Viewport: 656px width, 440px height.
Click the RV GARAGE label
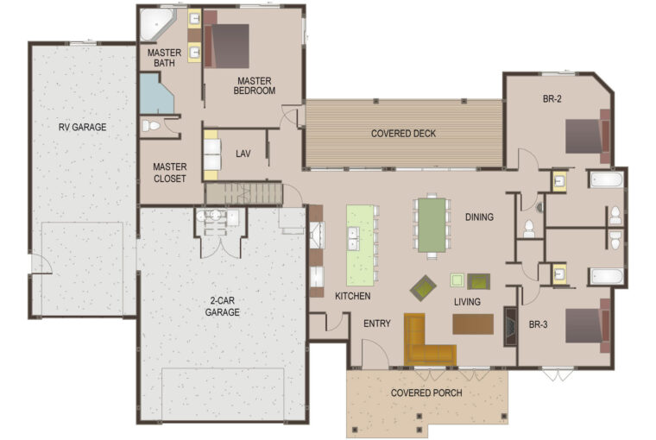(82, 127)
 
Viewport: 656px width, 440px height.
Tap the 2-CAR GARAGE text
(222, 306)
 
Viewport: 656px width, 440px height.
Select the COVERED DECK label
(403, 134)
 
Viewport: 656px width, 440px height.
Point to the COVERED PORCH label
(426, 393)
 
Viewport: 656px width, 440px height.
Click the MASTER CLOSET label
(169, 173)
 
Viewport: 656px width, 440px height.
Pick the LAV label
(243, 154)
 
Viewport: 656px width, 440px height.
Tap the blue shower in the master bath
(155, 94)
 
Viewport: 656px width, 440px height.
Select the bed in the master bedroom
(226, 45)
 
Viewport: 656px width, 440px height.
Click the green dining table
(432, 225)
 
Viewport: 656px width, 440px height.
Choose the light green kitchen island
(360, 245)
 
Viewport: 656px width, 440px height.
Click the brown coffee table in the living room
(473, 324)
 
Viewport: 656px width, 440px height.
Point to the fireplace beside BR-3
(509, 327)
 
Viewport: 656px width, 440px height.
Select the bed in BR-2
(588, 136)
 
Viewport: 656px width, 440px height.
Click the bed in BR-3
(588, 326)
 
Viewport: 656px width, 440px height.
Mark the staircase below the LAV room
(243, 194)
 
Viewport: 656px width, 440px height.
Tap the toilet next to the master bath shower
(151, 125)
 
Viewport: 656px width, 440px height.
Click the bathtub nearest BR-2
(606, 179)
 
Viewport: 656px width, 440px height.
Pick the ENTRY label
(377, 324)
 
